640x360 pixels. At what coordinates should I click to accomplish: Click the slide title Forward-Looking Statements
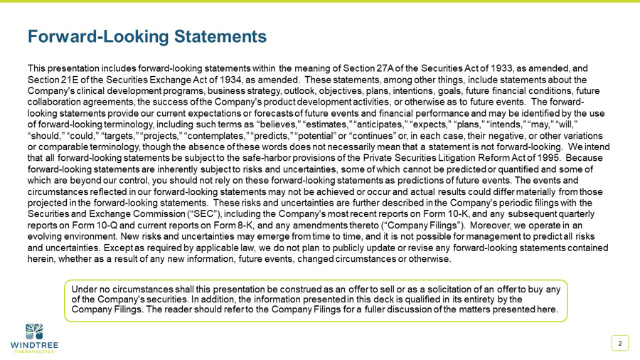[146, 36]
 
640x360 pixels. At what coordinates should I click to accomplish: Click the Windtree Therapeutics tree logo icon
[34, 332]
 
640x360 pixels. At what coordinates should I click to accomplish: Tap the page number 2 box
[620, 344]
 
